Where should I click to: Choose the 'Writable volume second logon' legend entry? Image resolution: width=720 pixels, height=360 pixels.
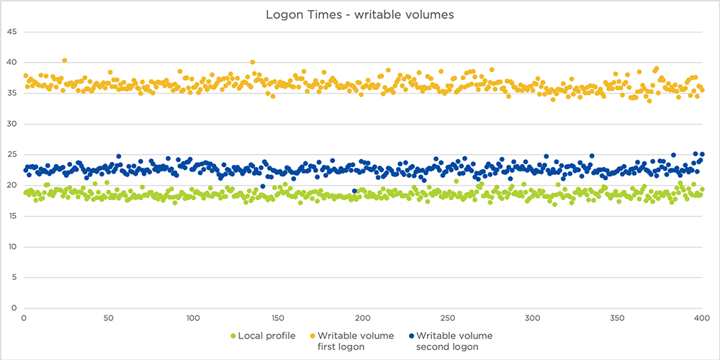[x=449, y=341]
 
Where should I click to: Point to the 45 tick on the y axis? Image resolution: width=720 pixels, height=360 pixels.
[x=11, y=32]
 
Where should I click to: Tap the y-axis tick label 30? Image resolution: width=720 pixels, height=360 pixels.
[x=11, y=124]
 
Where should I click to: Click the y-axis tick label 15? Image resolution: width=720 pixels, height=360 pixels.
[x=11, y=216]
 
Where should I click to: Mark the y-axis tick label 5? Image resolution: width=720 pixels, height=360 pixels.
[x=13, y=277]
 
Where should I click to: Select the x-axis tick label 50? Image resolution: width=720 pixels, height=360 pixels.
[x=108, y=318]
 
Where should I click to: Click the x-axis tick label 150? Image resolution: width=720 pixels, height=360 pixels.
[x=277, y=318]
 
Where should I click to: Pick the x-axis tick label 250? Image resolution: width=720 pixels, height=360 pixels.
[x=447, y=318]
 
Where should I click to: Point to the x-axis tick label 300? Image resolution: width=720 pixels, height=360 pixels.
[x=532, y=318]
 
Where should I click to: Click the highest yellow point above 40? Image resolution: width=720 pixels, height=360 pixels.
[x=65, y=60]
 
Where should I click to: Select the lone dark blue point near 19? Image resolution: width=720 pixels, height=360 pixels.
[x=354, y=191]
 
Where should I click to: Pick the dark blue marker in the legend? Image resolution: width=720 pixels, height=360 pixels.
[x=411, y=336]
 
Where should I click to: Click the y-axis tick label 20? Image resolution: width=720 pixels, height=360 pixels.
[x=11, y=185]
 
